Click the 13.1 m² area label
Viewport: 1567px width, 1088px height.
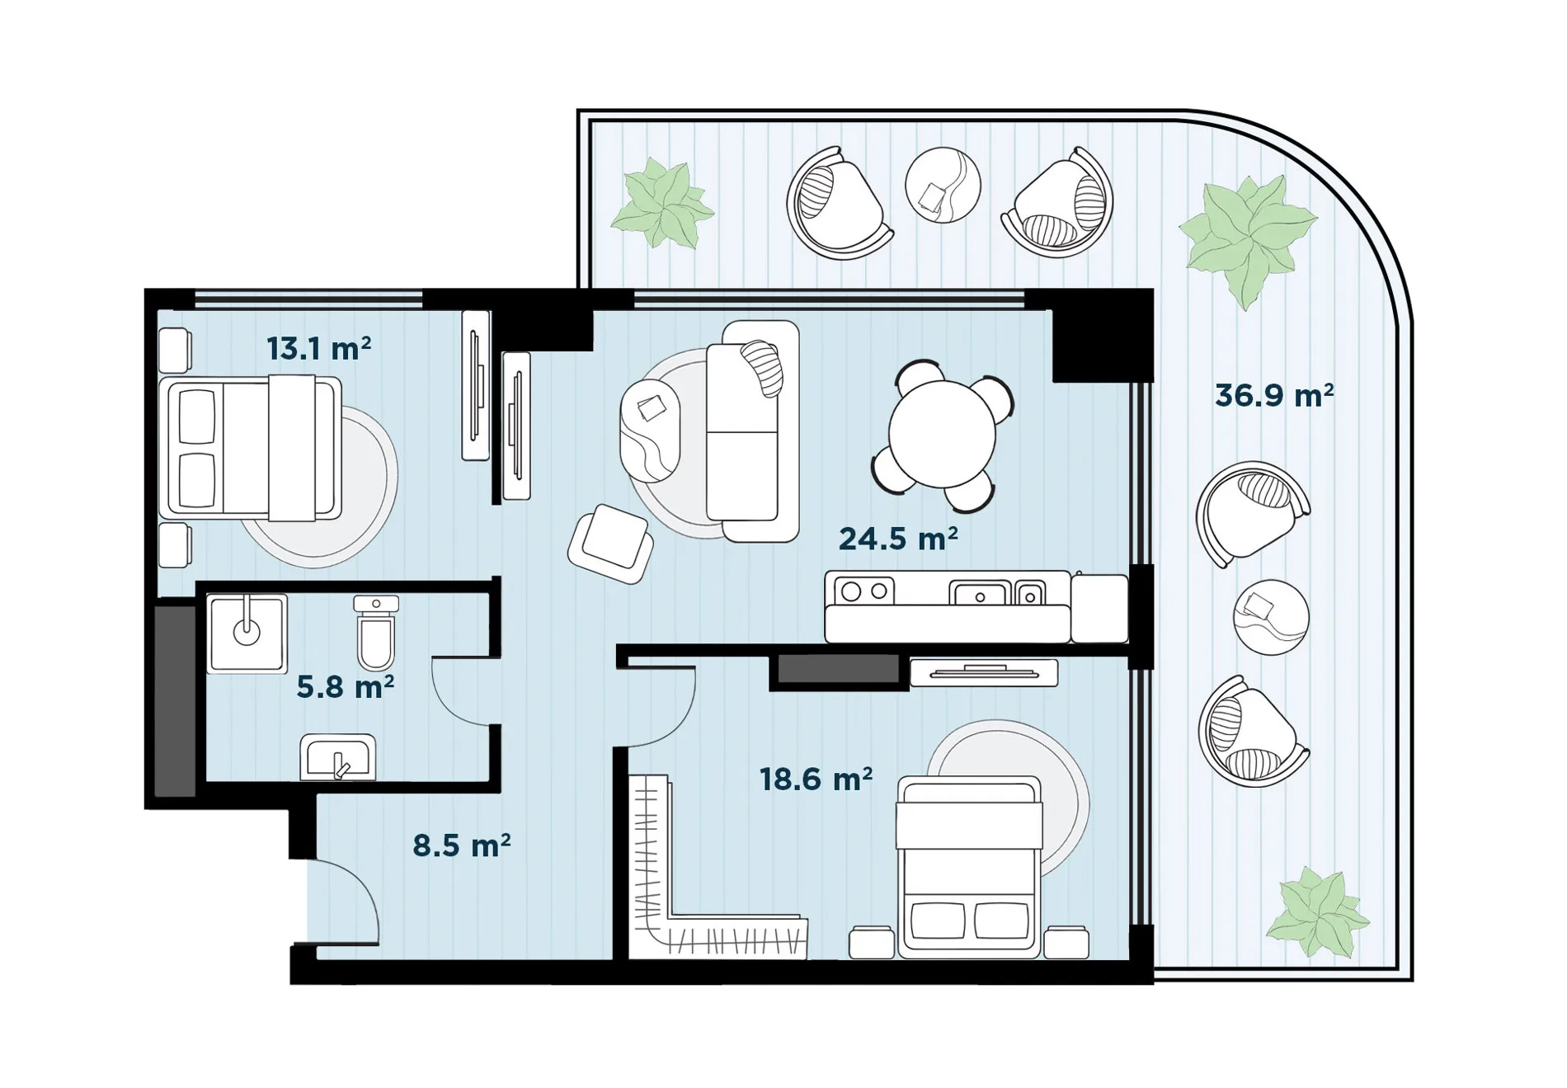(318, 349)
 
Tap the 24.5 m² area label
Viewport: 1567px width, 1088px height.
(898, 539)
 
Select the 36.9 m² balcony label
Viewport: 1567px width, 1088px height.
(1274, 396)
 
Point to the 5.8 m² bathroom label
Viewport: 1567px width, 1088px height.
(346, 686)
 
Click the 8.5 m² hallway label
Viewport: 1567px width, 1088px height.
(462, 845)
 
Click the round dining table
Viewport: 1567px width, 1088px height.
(942, 434)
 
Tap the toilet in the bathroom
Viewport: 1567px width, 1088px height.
(376, 632)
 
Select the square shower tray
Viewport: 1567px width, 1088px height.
(247, 633)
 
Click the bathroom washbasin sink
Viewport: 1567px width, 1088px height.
(338, 756)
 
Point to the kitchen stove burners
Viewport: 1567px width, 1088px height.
(864, 591)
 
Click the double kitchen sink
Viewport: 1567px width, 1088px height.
(997, 593)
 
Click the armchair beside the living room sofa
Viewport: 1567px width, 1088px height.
(610, 544)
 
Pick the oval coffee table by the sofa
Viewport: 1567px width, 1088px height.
(650, 430)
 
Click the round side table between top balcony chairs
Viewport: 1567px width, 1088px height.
(943, 185)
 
